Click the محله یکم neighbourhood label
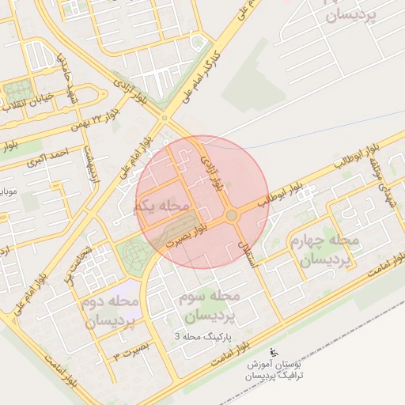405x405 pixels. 162,206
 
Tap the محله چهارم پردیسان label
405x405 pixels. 324,249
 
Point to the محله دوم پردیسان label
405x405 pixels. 109,312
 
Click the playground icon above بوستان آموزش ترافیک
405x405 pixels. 274,352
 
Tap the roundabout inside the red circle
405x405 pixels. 231,215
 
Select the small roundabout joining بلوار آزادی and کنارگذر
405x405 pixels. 164,119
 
